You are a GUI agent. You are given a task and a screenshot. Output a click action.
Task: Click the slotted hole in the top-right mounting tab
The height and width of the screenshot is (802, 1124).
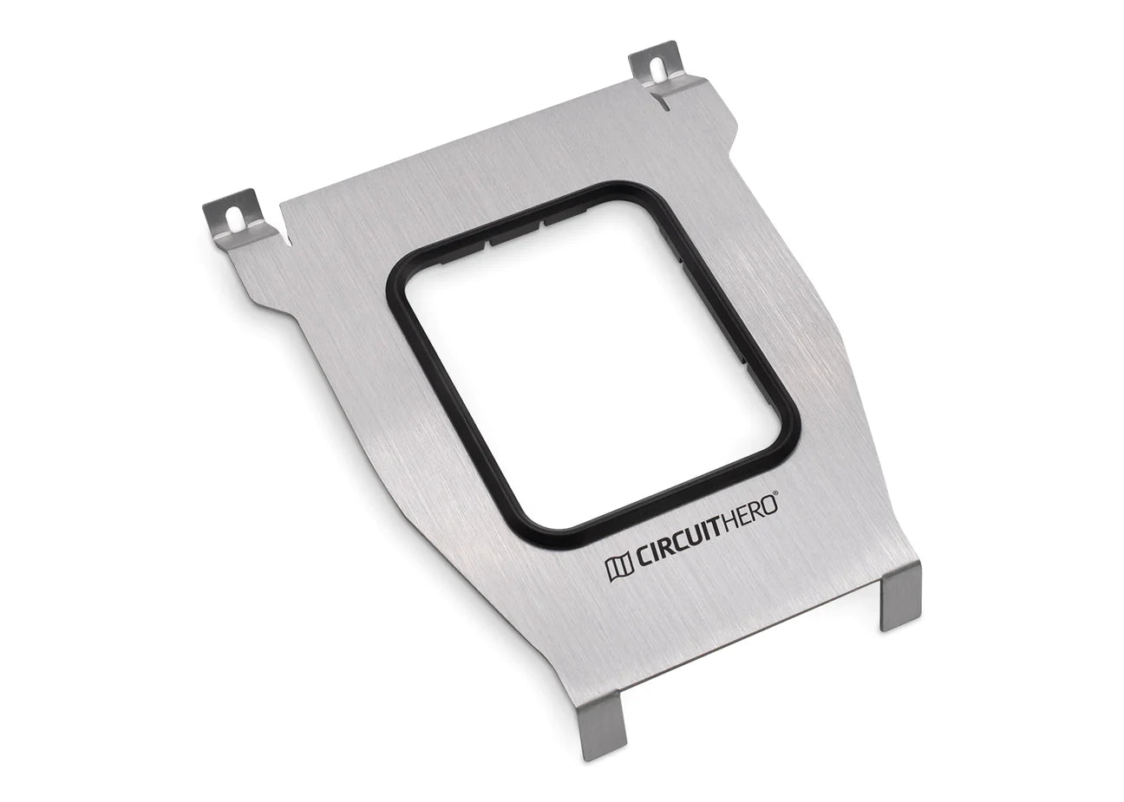(655, 67)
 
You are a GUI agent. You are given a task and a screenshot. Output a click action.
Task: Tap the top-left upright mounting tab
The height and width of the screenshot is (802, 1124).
(232, 217)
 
